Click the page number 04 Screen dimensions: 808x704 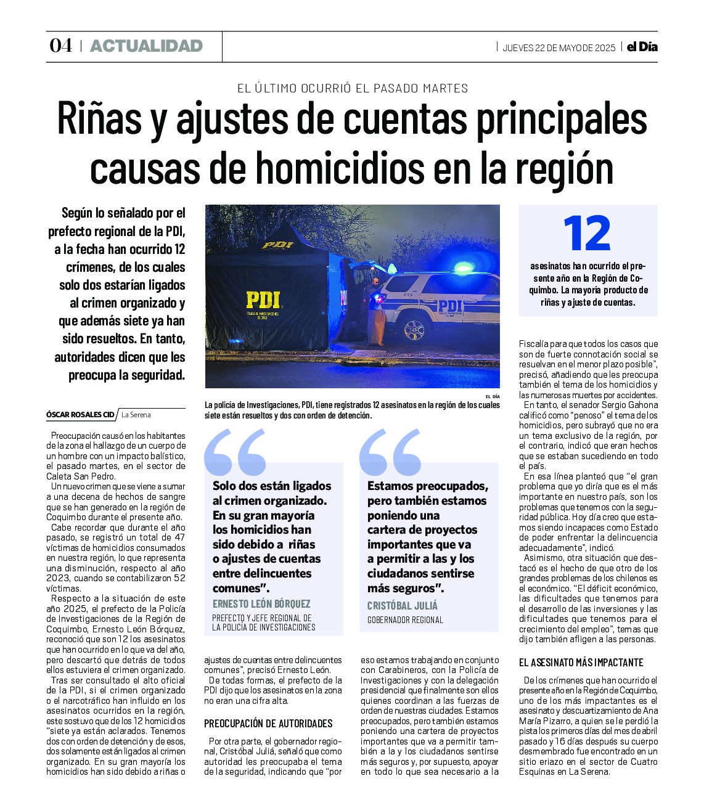click(x=60, y=46)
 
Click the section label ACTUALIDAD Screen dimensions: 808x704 click(x=146, y=46)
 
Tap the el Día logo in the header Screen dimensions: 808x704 click(x=642, y=47)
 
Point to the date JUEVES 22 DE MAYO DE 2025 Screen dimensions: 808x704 click(x=559, y=48)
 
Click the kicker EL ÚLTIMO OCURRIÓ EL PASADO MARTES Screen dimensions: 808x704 click(x=352, y=88)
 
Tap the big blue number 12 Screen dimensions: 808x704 click(x=587, y=234)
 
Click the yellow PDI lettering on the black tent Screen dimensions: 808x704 click(x=263, y=300)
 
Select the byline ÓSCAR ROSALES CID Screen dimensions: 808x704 click(x=80, y=415)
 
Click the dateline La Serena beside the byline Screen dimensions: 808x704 click(x=136, y=415)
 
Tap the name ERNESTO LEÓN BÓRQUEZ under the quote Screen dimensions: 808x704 click(x=261, y=604)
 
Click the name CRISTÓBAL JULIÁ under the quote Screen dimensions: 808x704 click(x=402, y=606)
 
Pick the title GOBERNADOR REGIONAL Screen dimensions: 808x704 click(x=405, y=620)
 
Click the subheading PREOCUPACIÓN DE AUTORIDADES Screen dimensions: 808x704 click(x=268, y=724)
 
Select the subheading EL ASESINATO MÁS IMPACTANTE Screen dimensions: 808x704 click(x=581, y=663)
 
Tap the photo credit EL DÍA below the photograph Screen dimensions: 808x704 click(x=492, y=396)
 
